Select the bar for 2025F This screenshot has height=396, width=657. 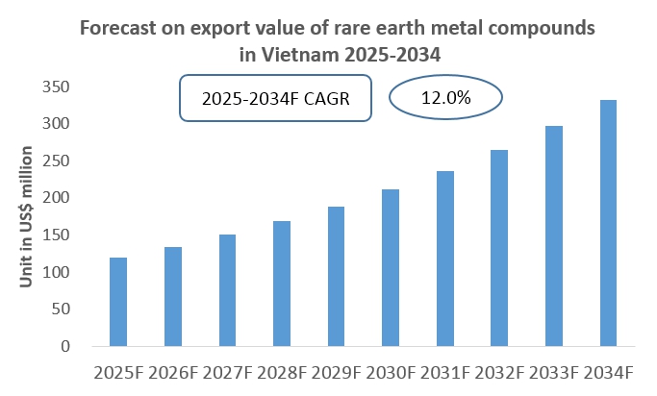point(118,302)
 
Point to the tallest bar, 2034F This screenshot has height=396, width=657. point(608,223)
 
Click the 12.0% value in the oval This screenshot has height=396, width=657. point(445,97)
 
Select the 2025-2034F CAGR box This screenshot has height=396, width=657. point(275,99)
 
